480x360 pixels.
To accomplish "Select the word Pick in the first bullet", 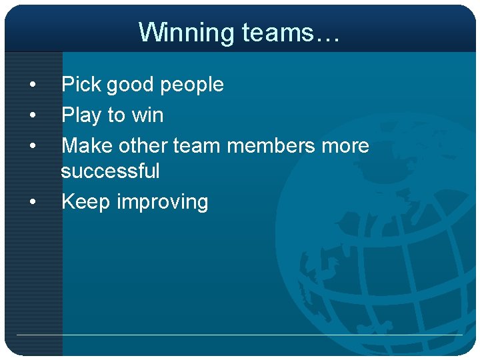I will (81, 85).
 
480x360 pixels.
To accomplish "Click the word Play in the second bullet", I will (81, 115).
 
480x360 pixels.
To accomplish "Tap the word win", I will (147, 115).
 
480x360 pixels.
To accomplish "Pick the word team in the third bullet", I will (197, 145).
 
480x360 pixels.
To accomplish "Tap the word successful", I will (111, 171).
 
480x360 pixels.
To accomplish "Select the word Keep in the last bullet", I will (85, 202).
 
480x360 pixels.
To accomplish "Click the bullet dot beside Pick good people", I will (32, 85).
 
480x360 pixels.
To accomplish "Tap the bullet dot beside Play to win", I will (32, 116).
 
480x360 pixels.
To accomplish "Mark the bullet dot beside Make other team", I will (32, 146).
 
